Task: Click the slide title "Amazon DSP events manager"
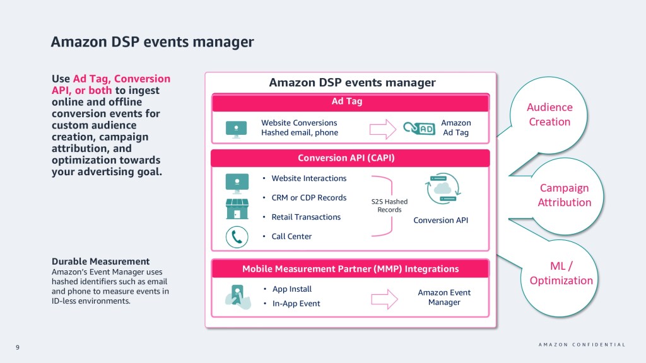(152, 42)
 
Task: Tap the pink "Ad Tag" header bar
(351, 102)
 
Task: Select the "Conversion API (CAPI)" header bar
(351, 158)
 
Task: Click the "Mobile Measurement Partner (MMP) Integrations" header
(351, 269)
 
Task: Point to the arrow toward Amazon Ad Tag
(382, 128)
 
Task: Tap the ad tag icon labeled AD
(419, 129)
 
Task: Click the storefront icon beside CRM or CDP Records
(237, 209)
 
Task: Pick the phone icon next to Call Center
(237, 237)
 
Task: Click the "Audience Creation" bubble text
(549, 115)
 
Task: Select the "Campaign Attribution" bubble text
(564, 195)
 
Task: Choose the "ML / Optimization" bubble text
(561, 274)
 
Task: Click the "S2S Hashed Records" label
(389, 205)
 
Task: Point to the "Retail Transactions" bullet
(305, 217)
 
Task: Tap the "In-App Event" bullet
(296, 304)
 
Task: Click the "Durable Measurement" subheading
(100, 262)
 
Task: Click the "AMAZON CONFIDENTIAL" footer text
(582, 345)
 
